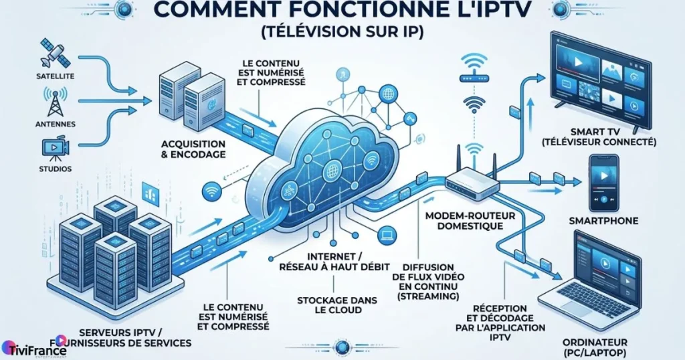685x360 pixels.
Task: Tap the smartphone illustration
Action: [x=603, y=183]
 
